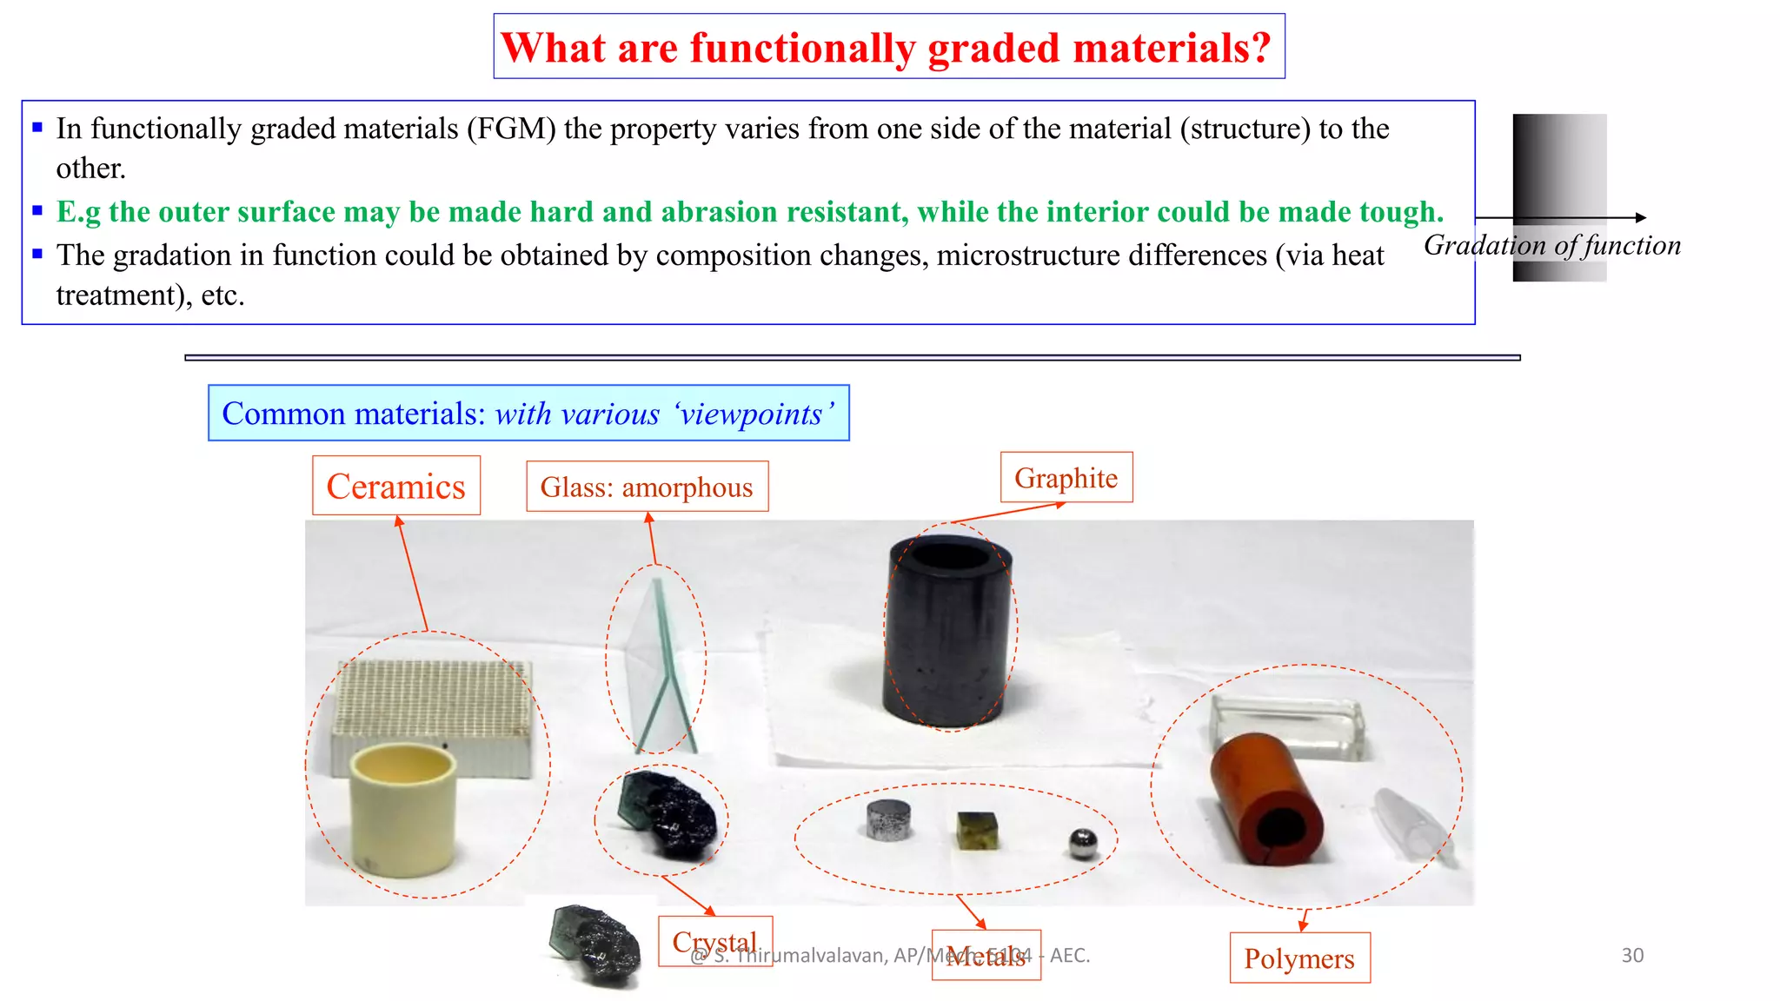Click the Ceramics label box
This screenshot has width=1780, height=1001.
[x=395, y=486]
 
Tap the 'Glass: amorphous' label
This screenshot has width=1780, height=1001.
[x=647, y=487]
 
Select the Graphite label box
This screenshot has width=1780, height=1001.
[x=1066, y=477]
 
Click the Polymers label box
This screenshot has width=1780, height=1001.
[x=1298, y=958]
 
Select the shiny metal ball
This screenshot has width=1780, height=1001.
[x=1082, y=842]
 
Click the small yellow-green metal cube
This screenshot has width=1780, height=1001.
[x=977, y=830]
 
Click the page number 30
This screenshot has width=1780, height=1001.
[x=1631, y=955]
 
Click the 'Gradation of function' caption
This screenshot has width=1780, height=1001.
[x=1551, y=245]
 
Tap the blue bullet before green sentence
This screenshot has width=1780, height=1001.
[x=37, y=210]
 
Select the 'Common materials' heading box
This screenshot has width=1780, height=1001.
[x=528, y=413]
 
